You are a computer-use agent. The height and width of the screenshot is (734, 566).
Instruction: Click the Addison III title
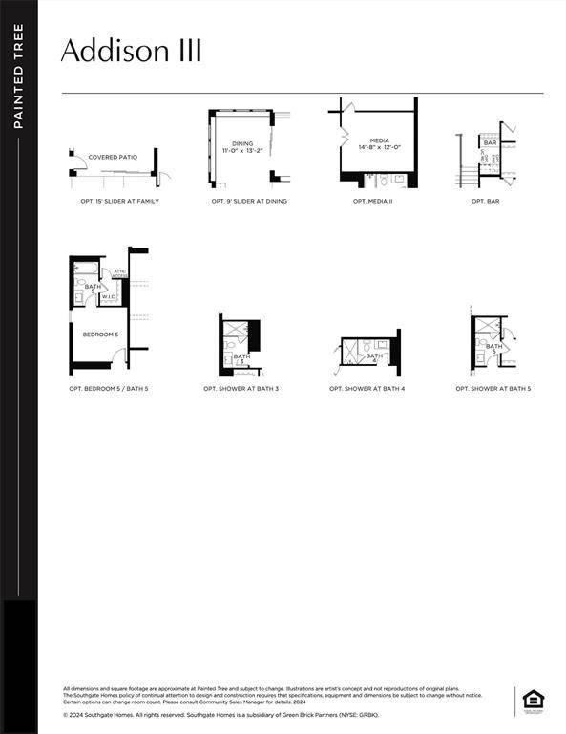coord(131,51)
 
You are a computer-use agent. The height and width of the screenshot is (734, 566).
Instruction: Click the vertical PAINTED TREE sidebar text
coord(18,76)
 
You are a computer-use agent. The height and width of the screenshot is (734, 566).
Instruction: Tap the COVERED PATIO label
coord(113,157)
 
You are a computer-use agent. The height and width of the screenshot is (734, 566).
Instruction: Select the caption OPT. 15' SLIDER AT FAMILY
coord(120,202)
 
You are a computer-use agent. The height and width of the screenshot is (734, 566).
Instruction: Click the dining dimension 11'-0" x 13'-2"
coord(242,151)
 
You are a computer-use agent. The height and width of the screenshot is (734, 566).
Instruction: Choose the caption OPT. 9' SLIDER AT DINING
coord(249,202)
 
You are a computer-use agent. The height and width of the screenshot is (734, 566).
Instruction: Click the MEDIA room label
coord(380,140)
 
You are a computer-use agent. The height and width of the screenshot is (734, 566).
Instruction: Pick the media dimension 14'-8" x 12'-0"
coord(380,147)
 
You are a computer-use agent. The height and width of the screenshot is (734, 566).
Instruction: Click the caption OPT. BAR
coord(485,202)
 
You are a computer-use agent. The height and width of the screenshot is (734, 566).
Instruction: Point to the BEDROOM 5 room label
coord(100,335)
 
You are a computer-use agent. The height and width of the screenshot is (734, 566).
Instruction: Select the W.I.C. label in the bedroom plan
coord(109,296)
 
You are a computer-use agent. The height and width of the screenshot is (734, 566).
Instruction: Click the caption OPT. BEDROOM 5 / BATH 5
coord(107,389)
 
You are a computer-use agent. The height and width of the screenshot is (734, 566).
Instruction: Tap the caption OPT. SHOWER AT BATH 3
coord(241,389)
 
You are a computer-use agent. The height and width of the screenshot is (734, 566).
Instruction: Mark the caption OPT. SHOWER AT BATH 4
coord(367,389)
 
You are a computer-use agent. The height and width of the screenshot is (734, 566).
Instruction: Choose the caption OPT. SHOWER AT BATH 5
coord(493,389)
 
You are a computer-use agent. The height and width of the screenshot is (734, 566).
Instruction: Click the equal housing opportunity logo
coord(532,701)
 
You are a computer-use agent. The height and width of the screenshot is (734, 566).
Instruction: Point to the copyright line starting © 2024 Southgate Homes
coord(221,714)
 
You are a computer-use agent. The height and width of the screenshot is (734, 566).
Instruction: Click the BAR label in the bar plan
coord(490,142)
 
